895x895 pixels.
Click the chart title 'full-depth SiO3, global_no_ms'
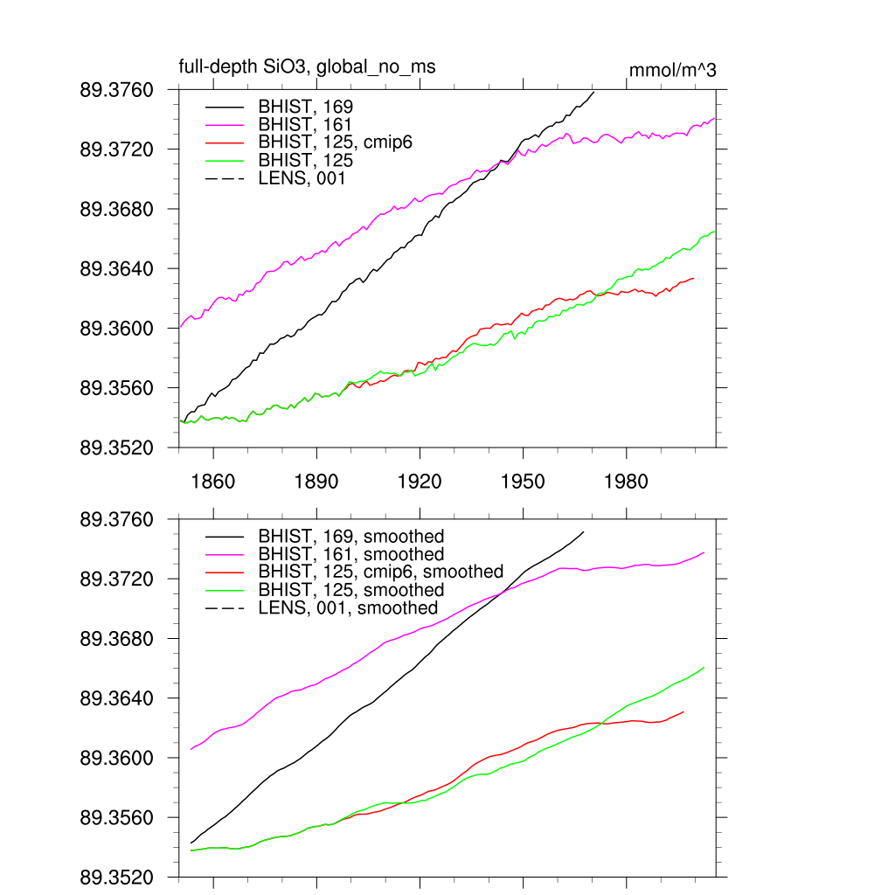pos(307,67)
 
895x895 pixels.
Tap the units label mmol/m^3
pos(673,70)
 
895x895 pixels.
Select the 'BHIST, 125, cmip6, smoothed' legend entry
pos(381,572)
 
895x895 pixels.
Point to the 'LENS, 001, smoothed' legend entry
pos(348,607)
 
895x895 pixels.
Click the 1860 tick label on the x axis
pos(213,482)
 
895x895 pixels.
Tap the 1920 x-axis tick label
pos(420,482)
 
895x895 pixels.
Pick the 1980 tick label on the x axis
pos(626,482)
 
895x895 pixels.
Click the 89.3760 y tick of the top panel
pos(116,90)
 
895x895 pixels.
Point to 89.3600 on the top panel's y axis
pos(116,329)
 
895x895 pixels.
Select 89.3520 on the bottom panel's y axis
pos(116,877)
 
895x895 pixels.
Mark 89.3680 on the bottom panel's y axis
pos(116,639)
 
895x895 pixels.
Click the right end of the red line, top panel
pos(694,278)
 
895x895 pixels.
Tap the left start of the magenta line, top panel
pos(179,327)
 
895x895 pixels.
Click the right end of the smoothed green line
pos(704,668)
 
